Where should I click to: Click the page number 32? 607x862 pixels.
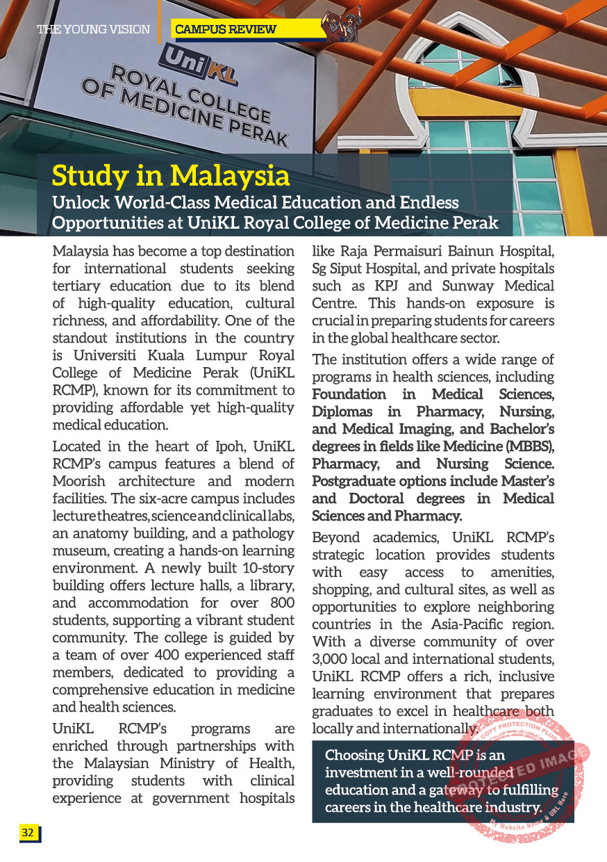click(x=28, y=833)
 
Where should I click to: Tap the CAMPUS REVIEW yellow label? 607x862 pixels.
click(x=226, y=29)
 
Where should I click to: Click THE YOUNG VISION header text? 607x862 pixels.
click(x=93, y=29)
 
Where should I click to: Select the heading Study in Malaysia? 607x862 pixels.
click(x=170, y=176)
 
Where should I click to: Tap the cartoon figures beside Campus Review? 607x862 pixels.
click(x=343, y=24)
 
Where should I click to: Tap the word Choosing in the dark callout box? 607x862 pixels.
click(x=354, y=755)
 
